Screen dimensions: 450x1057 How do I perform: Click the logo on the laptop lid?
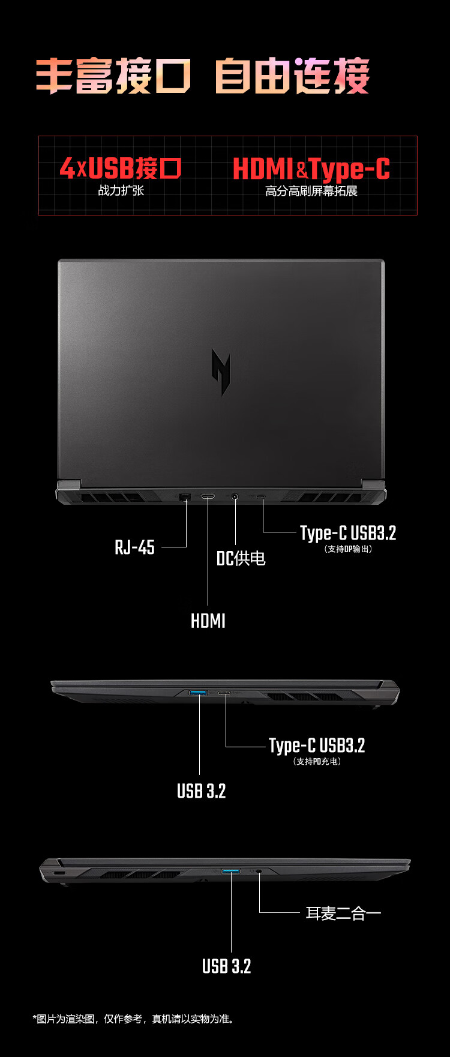pyautogui.click(x=221, y=372)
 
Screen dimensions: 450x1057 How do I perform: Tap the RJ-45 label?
pyautogui.click(x=134, y=547)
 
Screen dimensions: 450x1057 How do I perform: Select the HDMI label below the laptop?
pyautogui.click(x=208, y=621)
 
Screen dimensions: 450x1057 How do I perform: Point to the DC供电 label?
pyautogui.click(x=241, y=558)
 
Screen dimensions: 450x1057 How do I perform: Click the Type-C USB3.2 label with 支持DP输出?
pyautogui.click(x=348, y=533)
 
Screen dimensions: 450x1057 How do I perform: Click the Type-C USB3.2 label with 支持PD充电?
pyautogui.click(x=317, y=745)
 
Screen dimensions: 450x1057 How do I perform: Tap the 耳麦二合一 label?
pyautogui.click(x=343, y=913)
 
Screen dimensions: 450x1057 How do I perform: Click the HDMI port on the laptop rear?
pyautogui.click(x=208, y=496)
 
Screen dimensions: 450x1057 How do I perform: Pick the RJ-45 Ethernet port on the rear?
pyautogui.click(x=185, y=496)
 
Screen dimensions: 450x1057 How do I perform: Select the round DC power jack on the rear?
pyautogui.click(x=235, y=496)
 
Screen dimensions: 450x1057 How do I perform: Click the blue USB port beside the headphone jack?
pyautogui.click(x=231, y=871)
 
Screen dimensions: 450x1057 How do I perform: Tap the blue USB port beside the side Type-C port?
pyautogui.click(x=198, y=693)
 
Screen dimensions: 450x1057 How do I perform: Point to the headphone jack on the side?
pyautogui.click(x=259, y=871)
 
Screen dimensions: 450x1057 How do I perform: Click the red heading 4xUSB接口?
pyautogui.click(x=121, y=169)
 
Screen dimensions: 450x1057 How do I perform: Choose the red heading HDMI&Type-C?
pyautogui.click(x=311, y=169)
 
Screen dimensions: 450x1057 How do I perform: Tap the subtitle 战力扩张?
pyautogui.click(x=121, y=190)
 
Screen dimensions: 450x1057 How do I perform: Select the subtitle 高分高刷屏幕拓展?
pyautogui.click(x=311, y=191)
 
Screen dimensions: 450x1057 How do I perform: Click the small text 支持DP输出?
pyautogui.click(x=348, y=549)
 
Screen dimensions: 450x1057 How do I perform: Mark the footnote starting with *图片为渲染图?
pyautogui.click(x=133, y=1019)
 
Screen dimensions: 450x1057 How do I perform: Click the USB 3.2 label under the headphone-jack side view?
pyautogui.click(x=226, y=966)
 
